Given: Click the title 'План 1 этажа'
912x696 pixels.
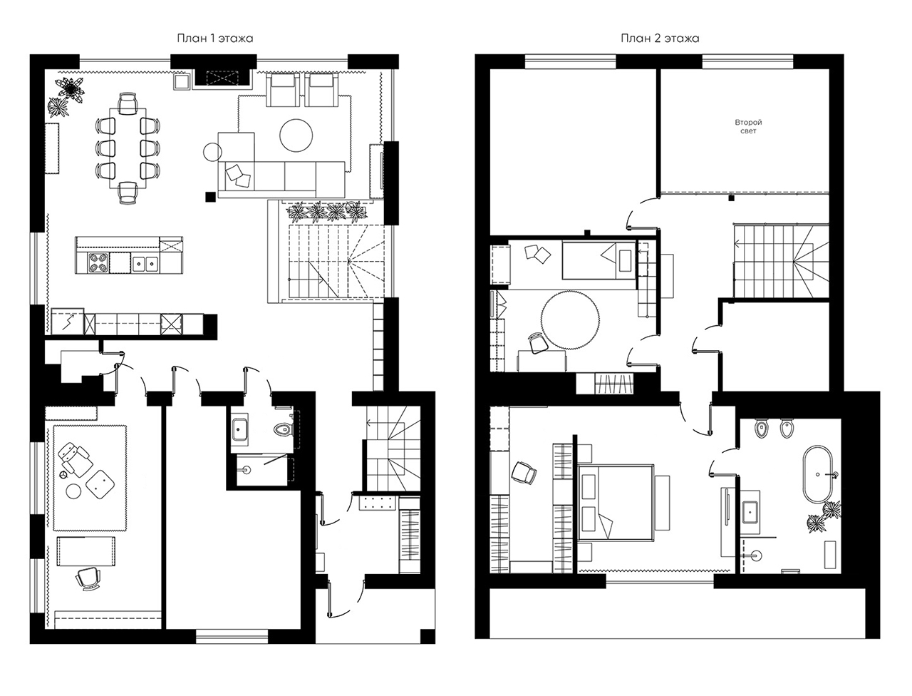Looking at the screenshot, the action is click(x=214, y=39).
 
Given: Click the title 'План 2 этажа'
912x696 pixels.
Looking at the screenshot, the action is click(x=660, y=39).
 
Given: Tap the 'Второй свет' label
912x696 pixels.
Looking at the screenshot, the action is click(x=748, y=126).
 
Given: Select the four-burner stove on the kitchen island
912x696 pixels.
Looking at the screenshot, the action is click(x=98, y=262).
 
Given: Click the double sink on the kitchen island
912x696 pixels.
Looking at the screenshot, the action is click(x=145, y=262).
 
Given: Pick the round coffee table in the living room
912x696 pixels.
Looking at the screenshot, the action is click(x=296, y=135).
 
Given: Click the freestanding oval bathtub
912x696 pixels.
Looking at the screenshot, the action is click(x=817, y=474).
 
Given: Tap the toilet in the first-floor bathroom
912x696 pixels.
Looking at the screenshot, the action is click(x=284, y=429).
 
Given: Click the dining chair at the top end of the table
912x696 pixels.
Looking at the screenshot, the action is click(x=128, y=103).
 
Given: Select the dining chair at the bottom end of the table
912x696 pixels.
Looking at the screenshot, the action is click(x=128, y=193).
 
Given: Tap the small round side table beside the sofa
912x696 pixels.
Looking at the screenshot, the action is click(x=213, y=152).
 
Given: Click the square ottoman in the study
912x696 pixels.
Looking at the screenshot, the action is click(x=100, y=483).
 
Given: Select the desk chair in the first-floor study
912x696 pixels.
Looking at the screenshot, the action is click(x=88, y=578).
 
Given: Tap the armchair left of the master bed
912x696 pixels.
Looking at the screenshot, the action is click(x=524, y=472).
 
